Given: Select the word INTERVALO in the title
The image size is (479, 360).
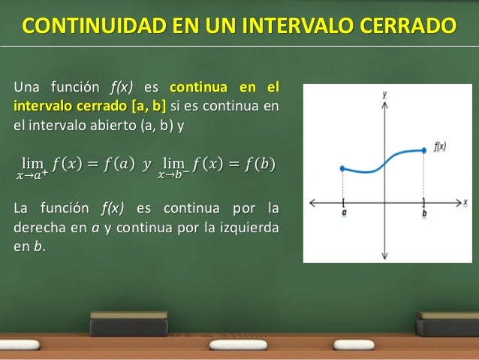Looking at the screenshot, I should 288,27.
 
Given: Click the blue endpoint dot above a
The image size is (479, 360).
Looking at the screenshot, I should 342,168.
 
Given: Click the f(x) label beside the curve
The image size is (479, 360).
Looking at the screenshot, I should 440,147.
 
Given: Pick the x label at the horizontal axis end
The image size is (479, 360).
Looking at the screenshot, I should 465,202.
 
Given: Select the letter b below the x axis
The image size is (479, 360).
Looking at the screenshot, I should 425,213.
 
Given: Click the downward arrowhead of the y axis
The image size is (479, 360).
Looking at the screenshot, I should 384,256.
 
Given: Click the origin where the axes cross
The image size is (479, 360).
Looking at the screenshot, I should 384,202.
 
